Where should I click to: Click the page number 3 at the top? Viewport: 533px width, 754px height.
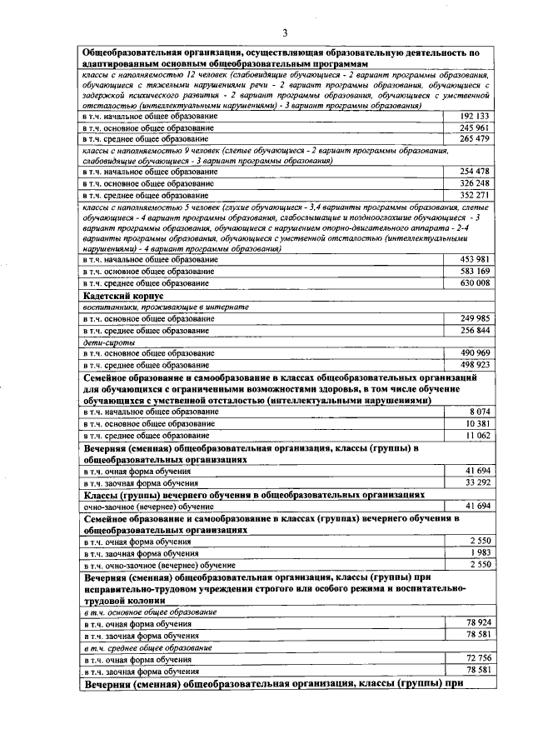pyautogui.click(x=285, y=33)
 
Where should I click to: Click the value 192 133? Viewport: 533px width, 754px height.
pyautogui.click(x=474, y=116)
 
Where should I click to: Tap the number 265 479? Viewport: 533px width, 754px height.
pyautogui.click(x=474, y=138)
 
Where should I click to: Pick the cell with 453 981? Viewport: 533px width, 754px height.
pyautogui.click(x=474, y=259)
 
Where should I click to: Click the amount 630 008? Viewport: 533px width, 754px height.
pyautogui.click(x=474, y=282)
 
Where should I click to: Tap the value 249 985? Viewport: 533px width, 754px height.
pyautogui.click(x=474, y=318)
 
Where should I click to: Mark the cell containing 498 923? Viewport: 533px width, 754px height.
pyautogui.click(x=474, y=364)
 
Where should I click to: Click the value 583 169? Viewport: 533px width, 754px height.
pyautogui.click(x=474, y=271)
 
